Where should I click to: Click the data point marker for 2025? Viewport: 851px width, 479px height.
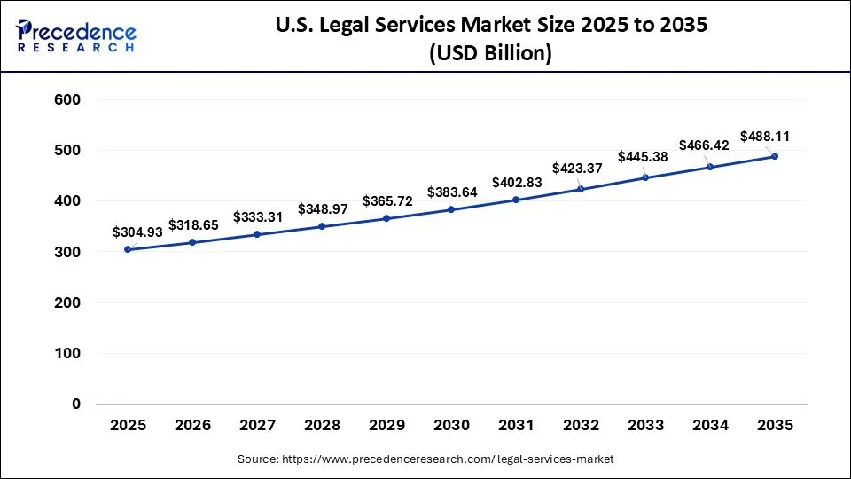pos(128,249)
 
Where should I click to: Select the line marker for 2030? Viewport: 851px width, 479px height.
pos(451,209)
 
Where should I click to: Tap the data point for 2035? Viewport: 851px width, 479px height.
pos(775,156)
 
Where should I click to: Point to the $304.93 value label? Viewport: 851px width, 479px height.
pos(137,232)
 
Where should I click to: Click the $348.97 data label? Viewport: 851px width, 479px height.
pos(322,208)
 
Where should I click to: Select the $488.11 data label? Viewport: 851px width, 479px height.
pos(765,137)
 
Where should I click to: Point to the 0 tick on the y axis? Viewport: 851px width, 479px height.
pos(75,404)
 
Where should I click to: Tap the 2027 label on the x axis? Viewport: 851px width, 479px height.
pos(257,425)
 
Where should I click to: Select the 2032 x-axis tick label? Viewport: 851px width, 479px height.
pos(581,425)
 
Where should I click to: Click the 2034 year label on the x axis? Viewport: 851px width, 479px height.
pos(710,425)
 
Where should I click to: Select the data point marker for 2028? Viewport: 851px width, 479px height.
pos(322,226)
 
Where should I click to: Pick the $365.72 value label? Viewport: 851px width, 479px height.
pos(386,200)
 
